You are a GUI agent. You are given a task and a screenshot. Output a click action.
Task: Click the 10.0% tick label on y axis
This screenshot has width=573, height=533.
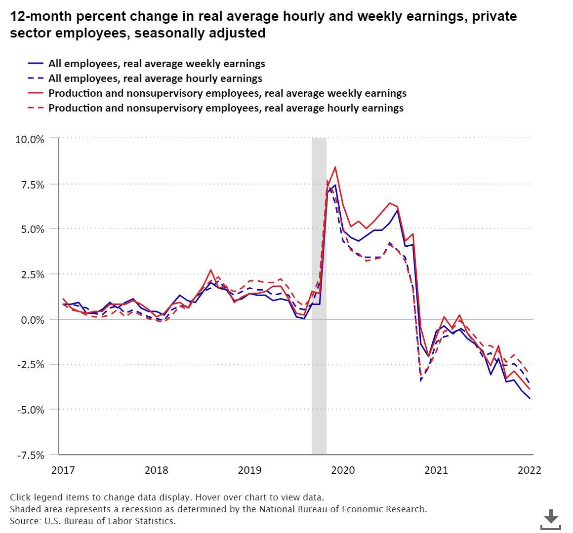[30, 139]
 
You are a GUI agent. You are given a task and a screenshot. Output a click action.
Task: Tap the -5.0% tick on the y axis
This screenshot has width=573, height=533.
[31, 410]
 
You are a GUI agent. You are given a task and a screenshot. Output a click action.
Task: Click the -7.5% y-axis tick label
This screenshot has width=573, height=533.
[31, 455]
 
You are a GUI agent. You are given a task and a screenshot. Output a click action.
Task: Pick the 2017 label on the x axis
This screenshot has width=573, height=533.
[63, 470]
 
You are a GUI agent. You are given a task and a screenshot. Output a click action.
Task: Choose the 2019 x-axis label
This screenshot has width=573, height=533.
[250, 470]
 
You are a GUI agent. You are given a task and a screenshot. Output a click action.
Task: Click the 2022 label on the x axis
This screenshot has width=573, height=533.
[529, 470]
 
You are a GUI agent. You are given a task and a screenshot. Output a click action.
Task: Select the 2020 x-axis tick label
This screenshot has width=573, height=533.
[343, 470]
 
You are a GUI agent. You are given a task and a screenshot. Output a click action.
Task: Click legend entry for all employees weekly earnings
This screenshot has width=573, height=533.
[157, 64]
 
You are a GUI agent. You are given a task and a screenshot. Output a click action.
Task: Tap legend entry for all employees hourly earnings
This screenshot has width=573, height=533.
[155, 78]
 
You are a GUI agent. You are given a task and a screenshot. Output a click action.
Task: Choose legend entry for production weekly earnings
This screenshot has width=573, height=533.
[227, 93]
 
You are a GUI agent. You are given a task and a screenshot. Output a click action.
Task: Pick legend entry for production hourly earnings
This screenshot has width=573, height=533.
[226, 108]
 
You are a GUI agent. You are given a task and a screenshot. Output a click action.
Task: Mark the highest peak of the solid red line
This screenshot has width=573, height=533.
[335, 167]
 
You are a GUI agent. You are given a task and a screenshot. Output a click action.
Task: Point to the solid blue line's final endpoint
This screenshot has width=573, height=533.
[530, 398]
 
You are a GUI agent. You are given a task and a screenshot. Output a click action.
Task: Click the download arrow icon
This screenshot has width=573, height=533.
[551, 519]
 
